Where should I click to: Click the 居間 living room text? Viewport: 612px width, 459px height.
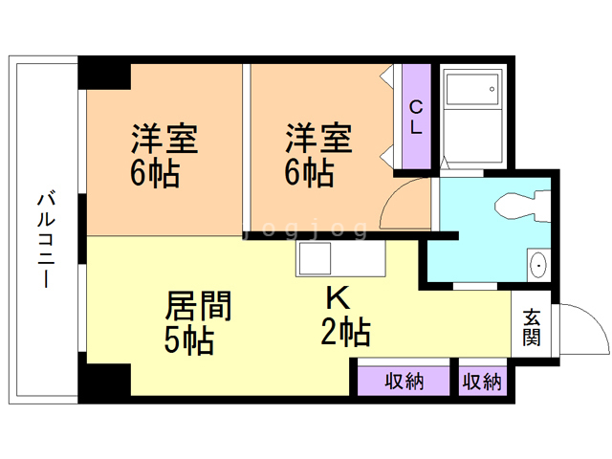tap(199, 307)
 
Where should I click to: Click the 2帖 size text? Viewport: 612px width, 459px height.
tap(345, 333)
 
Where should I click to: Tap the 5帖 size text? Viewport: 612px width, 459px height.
tap(189, 340)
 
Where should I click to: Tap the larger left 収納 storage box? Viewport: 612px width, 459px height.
tap(404, 381)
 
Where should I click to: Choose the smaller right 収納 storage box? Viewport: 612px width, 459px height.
tap(482, 381)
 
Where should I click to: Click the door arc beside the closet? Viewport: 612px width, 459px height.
tap(403, 203)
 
